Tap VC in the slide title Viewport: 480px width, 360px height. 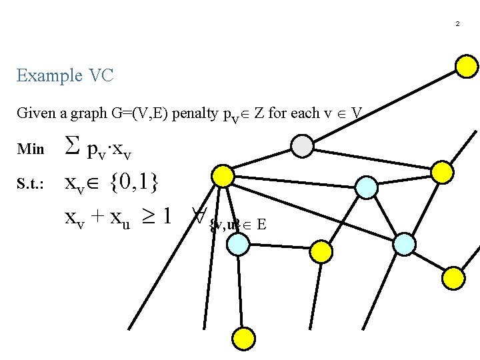100,75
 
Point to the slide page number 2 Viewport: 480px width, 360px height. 457,24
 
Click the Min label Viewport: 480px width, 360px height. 30,149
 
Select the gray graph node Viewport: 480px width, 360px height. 303,146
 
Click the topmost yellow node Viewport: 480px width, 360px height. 466,65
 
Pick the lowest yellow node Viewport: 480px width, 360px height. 244,337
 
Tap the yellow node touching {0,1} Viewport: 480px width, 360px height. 222,176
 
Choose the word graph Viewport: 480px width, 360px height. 100,113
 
